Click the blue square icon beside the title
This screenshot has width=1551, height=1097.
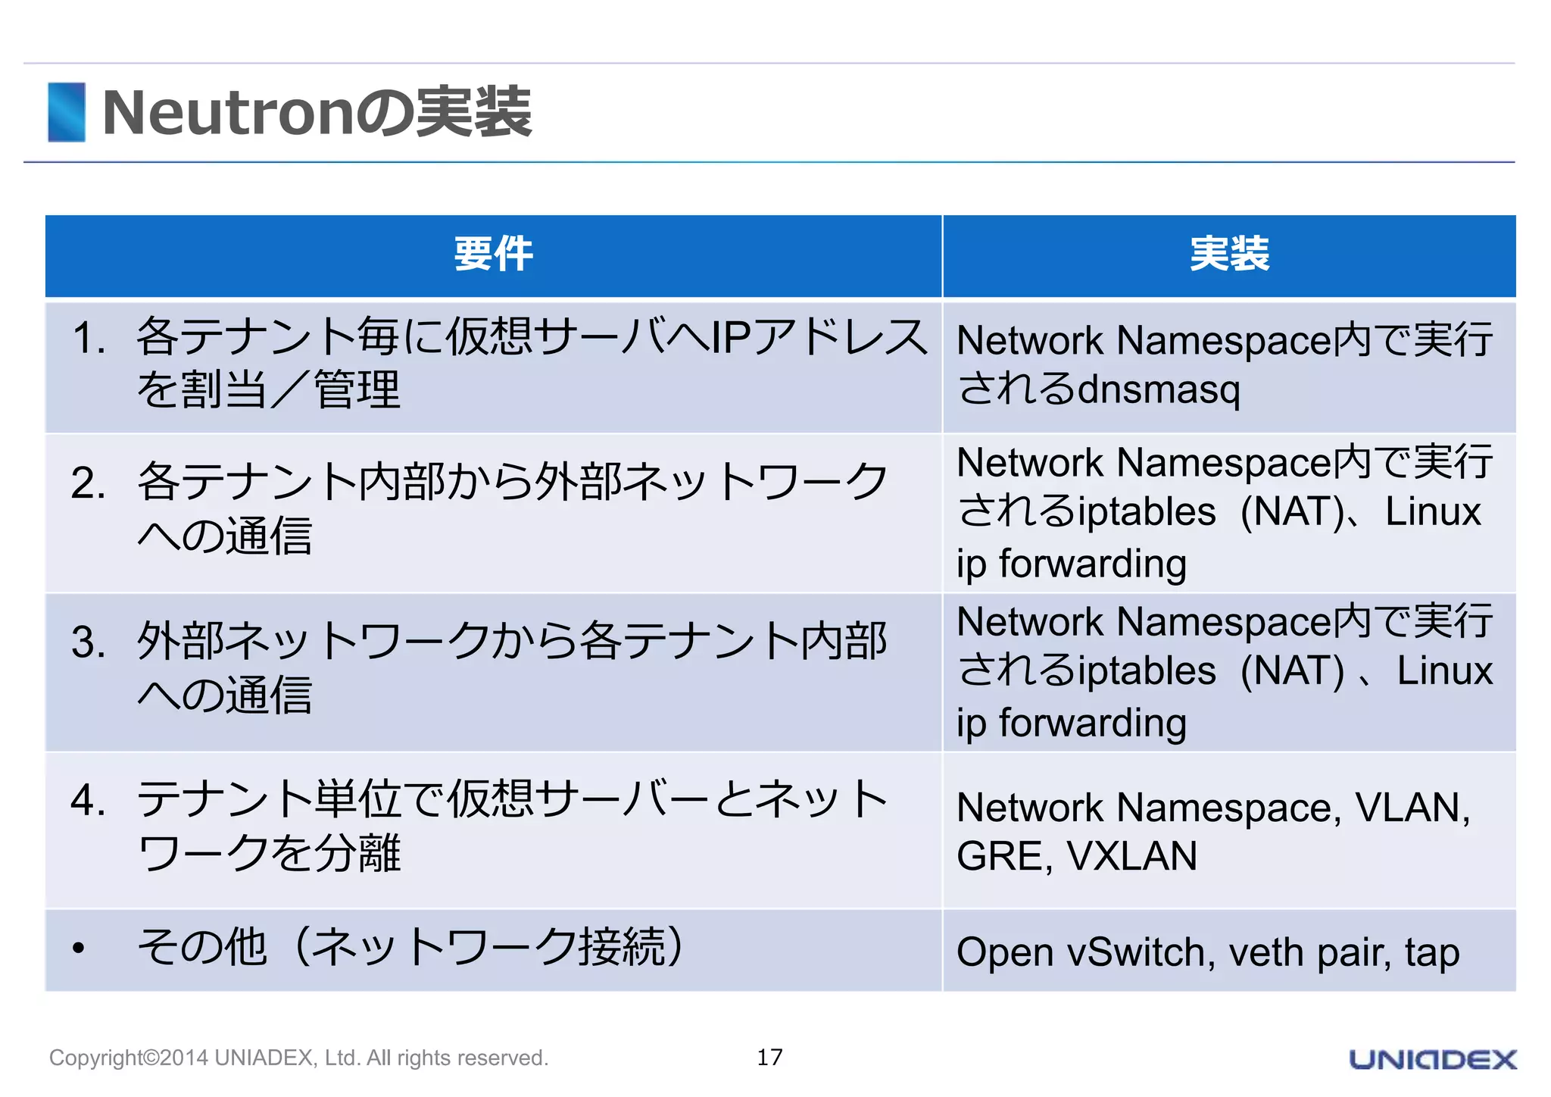(x=67, y=112)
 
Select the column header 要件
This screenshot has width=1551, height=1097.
(x=493, y=254)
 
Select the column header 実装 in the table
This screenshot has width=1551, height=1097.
(x=1229, y=254)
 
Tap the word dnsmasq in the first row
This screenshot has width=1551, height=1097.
(x=1159, y=389)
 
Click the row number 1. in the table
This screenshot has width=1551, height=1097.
(x=89, y=338)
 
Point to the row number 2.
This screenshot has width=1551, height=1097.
(x=89, y=483)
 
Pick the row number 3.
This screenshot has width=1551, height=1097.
(x=89, y=642)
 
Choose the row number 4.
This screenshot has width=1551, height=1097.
(x=89, y=801)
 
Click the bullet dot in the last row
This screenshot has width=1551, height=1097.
(x=79, y=949)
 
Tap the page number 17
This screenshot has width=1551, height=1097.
(x=769, y=1057)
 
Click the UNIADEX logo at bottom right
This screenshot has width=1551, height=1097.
(x=1432, y=1059)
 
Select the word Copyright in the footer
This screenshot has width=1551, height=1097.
(x=95, y=1058)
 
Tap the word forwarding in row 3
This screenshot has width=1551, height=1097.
(x=1092, y=723)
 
